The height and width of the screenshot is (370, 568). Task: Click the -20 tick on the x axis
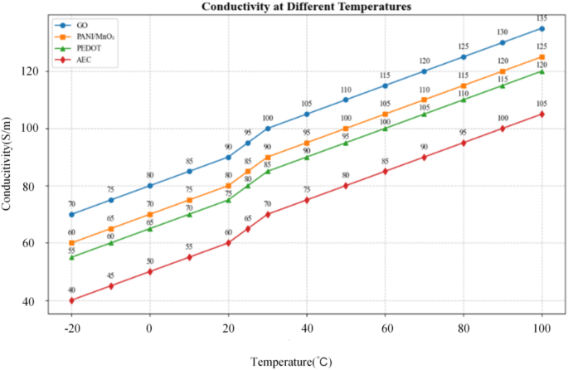pyautogui.click(x=71, y=329)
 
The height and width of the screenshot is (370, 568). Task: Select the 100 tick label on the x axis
pyautogui.click(x=542, y=329)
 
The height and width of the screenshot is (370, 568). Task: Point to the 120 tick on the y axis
pyautogui.click(x=31, y=71)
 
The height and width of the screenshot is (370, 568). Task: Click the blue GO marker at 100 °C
pyautogui.click(x=542, y=28)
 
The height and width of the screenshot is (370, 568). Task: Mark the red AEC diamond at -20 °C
pyautogui.click(x=71, y=300)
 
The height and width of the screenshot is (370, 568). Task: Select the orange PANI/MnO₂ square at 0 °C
pyautogui.click(x=150, y=214)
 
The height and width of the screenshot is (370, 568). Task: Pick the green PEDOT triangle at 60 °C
pyautogui.click(x=385, y=128)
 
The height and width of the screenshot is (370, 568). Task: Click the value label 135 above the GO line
pyautogui.click(x=542, y=17)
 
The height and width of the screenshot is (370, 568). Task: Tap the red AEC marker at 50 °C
pyautogui.click(x=346, y=186)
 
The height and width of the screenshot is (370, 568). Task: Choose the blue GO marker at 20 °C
pyautogui.click(x=228, y=157)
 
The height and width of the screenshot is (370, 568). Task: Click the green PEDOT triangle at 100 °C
pyautogui.click(x=542, y=71)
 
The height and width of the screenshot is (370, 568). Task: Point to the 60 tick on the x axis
pyautogui.click(x=385, y=329)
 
